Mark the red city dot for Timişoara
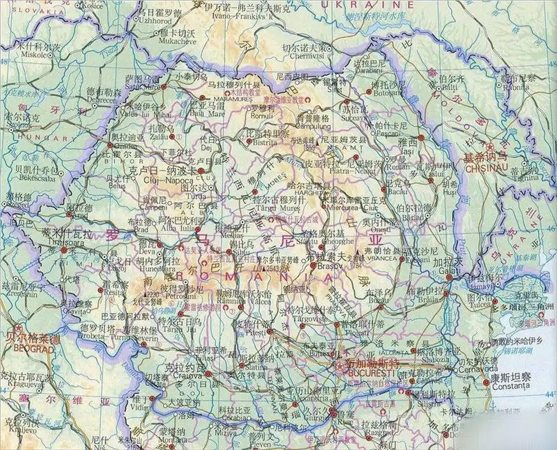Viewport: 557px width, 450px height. [65, 249]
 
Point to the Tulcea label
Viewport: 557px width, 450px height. [479, 304]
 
